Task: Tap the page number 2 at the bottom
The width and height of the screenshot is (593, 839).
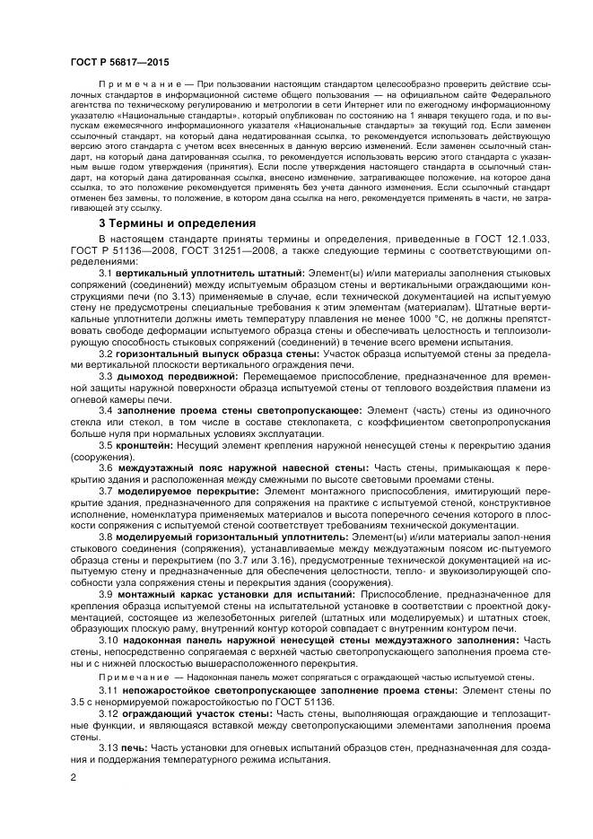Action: (72, 773)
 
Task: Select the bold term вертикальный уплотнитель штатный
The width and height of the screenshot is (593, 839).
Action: (210, 296)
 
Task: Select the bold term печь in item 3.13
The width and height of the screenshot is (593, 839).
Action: (135, 747)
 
